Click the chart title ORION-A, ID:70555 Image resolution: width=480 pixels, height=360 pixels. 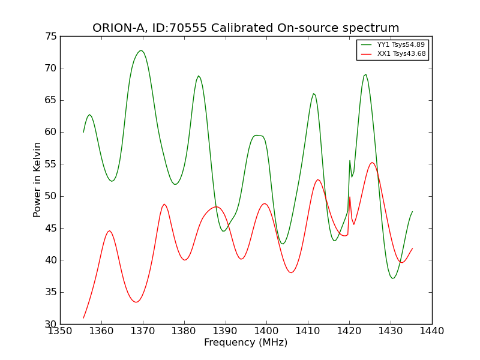tap(245, 28)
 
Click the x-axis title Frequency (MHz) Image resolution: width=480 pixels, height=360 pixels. tap(245, 343)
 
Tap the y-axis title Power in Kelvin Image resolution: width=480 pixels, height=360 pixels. tap(37, 180)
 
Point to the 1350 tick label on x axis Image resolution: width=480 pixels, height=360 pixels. tap(60, 331)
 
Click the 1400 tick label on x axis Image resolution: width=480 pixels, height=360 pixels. tap(266, 331)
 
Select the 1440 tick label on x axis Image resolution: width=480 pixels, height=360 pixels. tap(432, 331)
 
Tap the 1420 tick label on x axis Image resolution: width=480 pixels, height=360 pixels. tap(349, 331)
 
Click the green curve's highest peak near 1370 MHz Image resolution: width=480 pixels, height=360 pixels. tap(141, 50)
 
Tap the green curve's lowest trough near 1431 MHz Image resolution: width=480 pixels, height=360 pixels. tap(392, 278)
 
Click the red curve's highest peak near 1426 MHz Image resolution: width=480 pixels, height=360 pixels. tap(372, 163)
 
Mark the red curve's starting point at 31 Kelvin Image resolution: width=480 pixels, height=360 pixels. tap(83, 318)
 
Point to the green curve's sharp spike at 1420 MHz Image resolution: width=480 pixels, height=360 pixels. tap(350, 160)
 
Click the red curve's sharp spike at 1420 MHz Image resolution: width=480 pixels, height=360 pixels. tap(350, 197)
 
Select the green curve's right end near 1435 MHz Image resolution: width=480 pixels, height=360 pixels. tap(412, 211)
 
